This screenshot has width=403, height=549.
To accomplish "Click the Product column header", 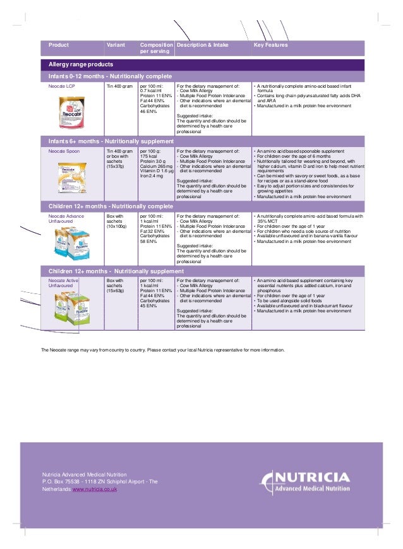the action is tap(59, 45).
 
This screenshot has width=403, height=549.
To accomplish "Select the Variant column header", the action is tap(116, 45).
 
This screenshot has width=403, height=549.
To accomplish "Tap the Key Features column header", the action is tap(270, 45).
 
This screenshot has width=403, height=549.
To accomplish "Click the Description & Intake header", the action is tap(203, 45).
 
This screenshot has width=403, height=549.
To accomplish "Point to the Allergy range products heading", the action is tap(81, 65).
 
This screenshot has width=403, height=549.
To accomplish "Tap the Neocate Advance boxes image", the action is tap(71, 243).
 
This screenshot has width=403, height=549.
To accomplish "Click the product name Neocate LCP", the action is tap(61, 84).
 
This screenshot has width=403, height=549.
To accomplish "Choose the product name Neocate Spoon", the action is tap(64, 151).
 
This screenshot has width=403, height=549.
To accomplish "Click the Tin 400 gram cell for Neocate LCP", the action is tap(119, 84).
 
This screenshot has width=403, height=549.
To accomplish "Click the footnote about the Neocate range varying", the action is tap(163, 350).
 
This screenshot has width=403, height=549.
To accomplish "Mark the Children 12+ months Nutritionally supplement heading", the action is tap(116, 271).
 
